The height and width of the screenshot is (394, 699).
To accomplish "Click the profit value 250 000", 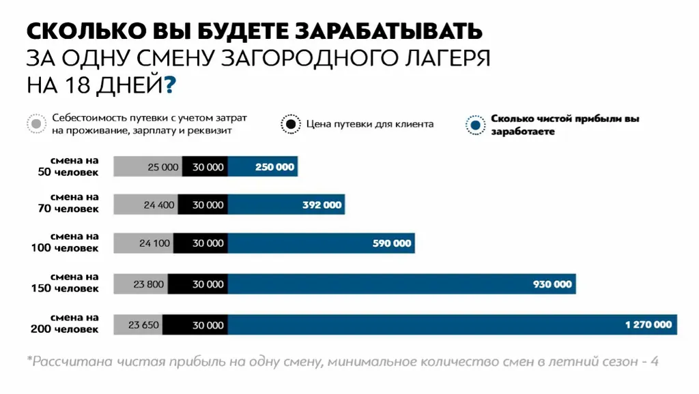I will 274,167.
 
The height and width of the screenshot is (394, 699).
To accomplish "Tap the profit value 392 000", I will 321,204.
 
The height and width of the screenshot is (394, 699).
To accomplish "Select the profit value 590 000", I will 391,243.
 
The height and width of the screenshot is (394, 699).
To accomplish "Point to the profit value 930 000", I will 552,284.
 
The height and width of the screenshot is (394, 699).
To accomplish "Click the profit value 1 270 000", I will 648,325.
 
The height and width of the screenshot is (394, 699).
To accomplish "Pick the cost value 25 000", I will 162,167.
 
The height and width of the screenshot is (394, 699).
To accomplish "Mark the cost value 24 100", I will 154,243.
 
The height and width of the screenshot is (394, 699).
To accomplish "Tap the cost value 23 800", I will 149,284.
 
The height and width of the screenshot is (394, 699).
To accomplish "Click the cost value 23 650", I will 143,325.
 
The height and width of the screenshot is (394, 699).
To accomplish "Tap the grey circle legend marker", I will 36,124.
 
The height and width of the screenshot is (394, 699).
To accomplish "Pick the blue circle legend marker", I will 476,124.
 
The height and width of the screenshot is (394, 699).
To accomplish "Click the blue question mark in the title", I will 169,86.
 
